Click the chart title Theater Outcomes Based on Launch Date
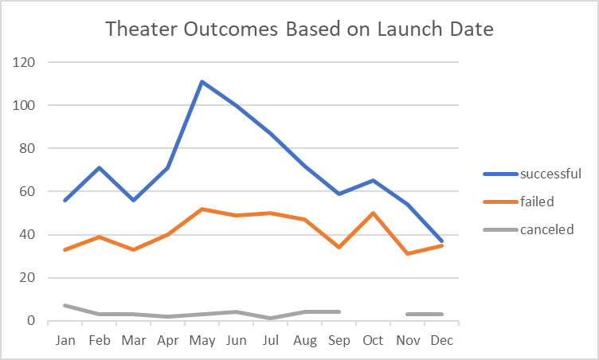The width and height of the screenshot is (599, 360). pyautogui.click(x=299, y=30)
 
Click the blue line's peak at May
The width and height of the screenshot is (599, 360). pyautogui.click(x=202, y=81)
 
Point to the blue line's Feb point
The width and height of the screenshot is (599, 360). pyautogui.click(x=99, y=168)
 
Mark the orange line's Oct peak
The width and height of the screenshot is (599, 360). pyautogui.click(x=373, y=213)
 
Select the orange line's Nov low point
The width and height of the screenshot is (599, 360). pyautogui.click(x=407, y=254)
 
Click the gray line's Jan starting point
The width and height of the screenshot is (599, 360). pyautogui.click(x=65, y=306)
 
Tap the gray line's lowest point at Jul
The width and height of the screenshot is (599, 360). pyautogui.click(x=270, y=319)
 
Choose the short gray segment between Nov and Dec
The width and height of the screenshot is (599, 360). pyautogui.click(x=424, y=315)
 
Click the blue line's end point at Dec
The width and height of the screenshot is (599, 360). pyautogui.click(x=441, y=241)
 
